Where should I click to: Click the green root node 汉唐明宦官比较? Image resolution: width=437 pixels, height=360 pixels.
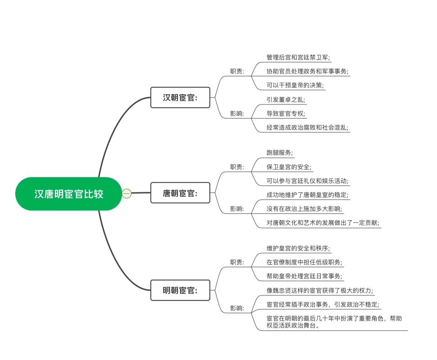68,194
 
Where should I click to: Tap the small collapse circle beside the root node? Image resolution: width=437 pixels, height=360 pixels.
127,193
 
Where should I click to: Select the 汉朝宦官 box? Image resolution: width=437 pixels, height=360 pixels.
180,98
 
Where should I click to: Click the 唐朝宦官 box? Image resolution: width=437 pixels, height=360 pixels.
180,193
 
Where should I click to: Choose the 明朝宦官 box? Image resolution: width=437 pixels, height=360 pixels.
180,290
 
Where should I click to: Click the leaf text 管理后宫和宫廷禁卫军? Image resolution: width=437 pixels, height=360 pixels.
298,58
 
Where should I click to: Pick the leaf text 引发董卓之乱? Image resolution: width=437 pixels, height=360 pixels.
286,99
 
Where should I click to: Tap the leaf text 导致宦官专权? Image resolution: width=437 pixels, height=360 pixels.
286,113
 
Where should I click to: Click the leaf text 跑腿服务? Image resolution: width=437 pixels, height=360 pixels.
280,152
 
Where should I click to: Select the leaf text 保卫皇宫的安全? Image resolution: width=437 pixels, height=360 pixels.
289,167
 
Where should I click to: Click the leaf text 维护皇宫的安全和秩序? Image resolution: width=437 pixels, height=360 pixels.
298,248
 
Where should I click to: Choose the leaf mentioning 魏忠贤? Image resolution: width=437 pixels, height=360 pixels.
320,290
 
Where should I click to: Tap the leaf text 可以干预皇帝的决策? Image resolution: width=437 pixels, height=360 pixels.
295,85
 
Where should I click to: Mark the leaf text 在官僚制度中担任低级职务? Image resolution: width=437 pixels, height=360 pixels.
304,262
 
